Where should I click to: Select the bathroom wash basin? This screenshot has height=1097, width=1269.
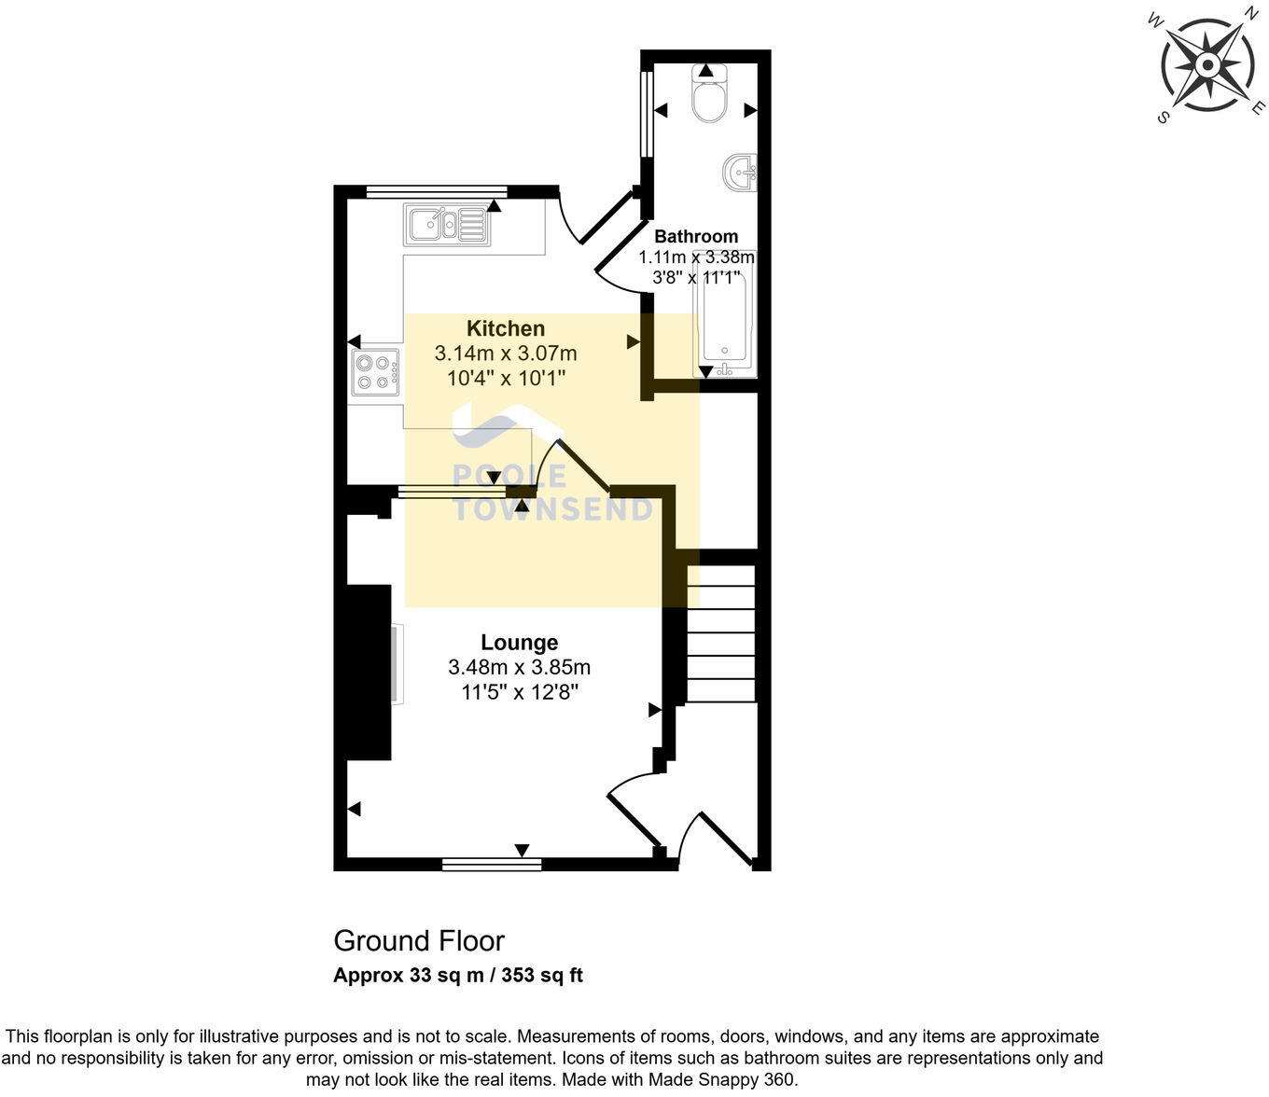point(741,173)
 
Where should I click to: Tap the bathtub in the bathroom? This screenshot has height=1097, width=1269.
point(725,317)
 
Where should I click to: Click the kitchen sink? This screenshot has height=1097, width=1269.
point(446,224)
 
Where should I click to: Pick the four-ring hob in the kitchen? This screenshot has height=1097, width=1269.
point(375,371)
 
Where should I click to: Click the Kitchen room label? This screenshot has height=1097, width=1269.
point(506,328)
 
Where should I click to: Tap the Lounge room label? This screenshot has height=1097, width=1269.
point(520,643)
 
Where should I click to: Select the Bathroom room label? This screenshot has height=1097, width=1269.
point(696,236)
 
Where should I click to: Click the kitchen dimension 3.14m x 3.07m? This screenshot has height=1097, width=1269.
point(506,354)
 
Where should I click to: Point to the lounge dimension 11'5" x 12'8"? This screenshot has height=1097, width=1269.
point(520,692)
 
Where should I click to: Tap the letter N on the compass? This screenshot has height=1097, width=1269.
point(1249,13)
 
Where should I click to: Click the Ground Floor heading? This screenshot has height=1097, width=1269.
point(419,940)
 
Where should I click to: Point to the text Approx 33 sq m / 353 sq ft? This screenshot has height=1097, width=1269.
point(458,976)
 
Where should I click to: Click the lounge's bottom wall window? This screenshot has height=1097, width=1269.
point(492,865)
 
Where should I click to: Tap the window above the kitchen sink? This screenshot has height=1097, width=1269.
point(436,192)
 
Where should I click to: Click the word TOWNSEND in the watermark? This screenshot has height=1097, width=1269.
point(552,509)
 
